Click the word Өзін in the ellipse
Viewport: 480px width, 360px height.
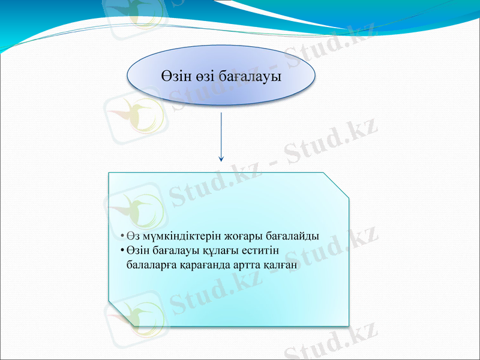(178, 77)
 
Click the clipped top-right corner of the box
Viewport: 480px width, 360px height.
(336, 184)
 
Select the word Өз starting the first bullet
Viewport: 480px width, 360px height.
(131, 236)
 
